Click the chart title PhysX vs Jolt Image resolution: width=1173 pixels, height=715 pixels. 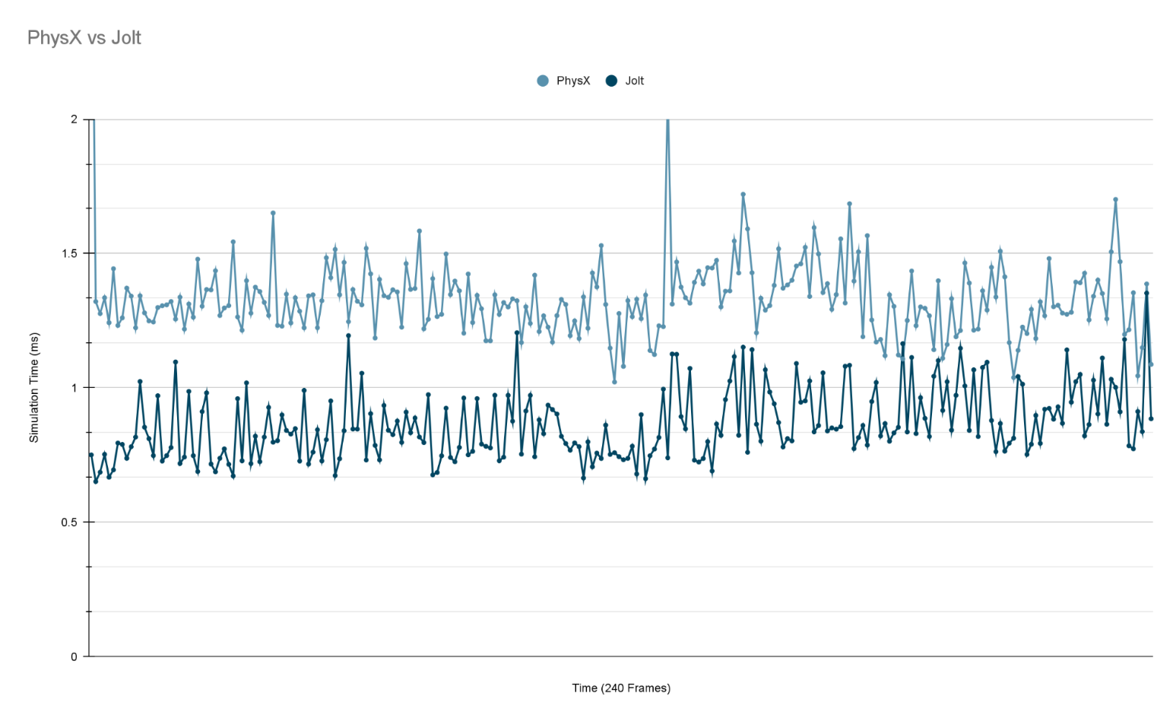point(84,38)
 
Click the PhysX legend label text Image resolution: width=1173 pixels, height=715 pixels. point(572,81)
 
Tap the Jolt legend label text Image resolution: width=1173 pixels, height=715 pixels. point(634,81)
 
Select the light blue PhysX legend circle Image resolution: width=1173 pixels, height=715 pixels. point(543,81)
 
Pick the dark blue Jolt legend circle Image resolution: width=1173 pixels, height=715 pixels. point(611,81)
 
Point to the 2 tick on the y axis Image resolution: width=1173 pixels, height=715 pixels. point(75,119)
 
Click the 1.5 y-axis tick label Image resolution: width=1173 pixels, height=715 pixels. point(70,253)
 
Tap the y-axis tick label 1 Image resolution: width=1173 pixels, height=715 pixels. point(75,388)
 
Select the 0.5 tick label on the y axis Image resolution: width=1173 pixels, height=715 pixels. point(70,523)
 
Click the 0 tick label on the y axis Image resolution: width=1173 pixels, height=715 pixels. point(75,656)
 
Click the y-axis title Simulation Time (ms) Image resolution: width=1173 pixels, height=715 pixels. point(34,387)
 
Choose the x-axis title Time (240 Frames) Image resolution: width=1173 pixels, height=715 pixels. point(621,688)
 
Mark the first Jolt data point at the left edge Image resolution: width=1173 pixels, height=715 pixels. point(91,455)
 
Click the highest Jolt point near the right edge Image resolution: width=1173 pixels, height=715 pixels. point(1146,293)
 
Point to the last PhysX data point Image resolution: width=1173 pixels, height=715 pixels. point(1151,364)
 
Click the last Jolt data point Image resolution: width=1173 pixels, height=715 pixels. point(1151,418)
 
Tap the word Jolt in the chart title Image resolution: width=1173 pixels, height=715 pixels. point(126,38)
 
